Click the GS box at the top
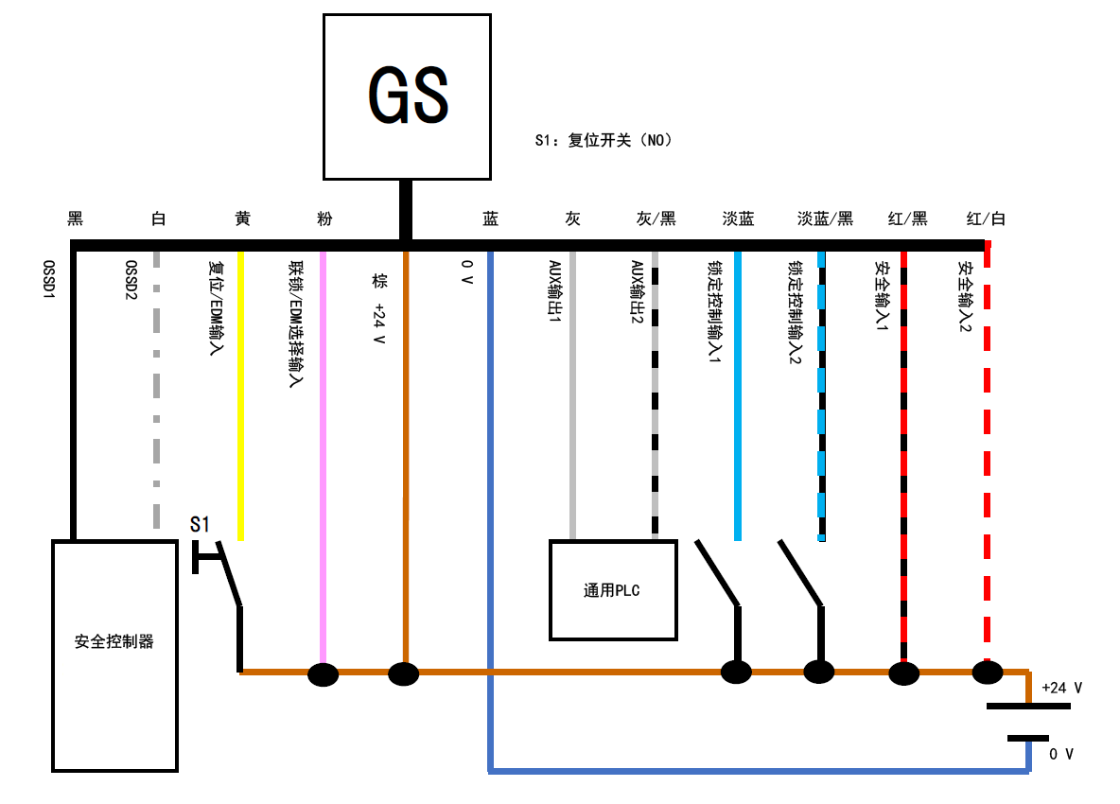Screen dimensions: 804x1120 (x=407, y=96)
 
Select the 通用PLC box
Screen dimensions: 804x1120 (x=613, y=590)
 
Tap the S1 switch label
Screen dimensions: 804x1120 (x=201, y=523)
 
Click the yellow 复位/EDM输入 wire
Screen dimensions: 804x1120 (x=241, y=397)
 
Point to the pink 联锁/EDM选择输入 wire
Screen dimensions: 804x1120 (x=324, y=454)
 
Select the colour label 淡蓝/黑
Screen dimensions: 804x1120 (x=825, y=219)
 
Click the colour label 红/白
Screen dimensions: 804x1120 (x=986, y=219)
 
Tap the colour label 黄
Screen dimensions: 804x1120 (x=242, y=219)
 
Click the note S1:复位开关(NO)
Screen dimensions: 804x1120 (x=603, y=141)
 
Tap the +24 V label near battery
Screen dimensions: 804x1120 (x=1061, y=688)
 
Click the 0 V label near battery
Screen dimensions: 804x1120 (x=1061, y=754)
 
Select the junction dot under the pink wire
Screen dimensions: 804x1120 (x=324, y=674)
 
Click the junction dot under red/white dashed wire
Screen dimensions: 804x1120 (x=987, y=673)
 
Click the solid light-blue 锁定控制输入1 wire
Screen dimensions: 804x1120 (x=738, y=397)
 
